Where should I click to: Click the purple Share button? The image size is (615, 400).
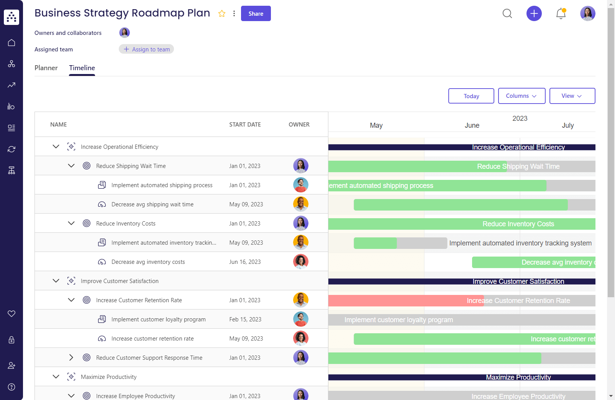coord(256,13)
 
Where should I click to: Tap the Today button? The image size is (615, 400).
coord(471,96)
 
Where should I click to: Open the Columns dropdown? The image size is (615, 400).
coord(522,96)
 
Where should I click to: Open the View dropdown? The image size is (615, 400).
coord(572,96)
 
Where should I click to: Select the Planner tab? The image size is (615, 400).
coord(46,68)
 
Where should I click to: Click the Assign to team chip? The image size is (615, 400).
coord(146,49)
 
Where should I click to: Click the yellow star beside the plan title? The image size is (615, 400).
coord(222,14)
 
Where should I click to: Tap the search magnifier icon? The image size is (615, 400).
coord(507,14)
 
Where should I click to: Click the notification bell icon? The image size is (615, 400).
coord(561,14)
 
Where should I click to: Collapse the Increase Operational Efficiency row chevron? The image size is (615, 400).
coord(56,147)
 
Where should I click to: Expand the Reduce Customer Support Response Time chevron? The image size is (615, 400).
coord(71,357)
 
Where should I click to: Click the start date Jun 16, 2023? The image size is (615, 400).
coord(245,262)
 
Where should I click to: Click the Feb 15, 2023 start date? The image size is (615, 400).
coord(245,319)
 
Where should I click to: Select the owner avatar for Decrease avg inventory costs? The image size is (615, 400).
coord(301,262)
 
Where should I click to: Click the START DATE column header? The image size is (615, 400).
coord(245,125)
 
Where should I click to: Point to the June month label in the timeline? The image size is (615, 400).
coord(472,125)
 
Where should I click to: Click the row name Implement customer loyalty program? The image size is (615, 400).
coord(158,319)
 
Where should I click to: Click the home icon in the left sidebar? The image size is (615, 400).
coord(11,43)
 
